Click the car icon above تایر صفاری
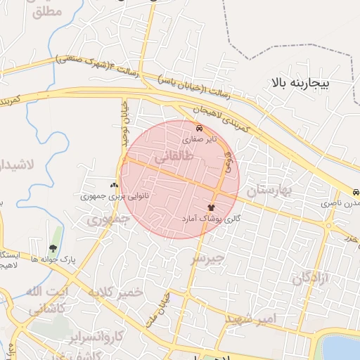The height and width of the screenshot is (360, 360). point(200,129)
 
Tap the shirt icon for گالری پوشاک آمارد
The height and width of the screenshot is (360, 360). point(211,208)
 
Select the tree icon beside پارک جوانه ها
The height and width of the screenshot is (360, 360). point(53,247)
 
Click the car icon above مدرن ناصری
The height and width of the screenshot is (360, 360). point(356,192)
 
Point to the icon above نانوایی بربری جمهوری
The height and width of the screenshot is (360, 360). point(115,184)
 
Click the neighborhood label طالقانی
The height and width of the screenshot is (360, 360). point(171,160)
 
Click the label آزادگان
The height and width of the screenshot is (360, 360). point(311,276)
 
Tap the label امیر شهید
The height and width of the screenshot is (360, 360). point(251,319)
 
